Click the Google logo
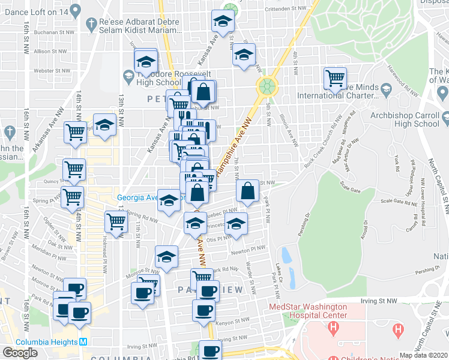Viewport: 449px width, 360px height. (20, 352)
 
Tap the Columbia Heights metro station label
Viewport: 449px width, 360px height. (47, 343)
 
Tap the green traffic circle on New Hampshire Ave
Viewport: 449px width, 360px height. (267, 86)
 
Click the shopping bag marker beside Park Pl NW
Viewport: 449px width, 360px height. (247, 191)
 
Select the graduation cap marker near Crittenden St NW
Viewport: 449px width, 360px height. (223, 22)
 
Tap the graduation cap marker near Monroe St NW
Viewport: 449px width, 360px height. (166, 257)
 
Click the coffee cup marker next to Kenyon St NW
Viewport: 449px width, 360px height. (203, 310)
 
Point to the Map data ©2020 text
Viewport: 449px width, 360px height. (424, 355)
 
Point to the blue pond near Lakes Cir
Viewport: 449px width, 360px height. (286, 256)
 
